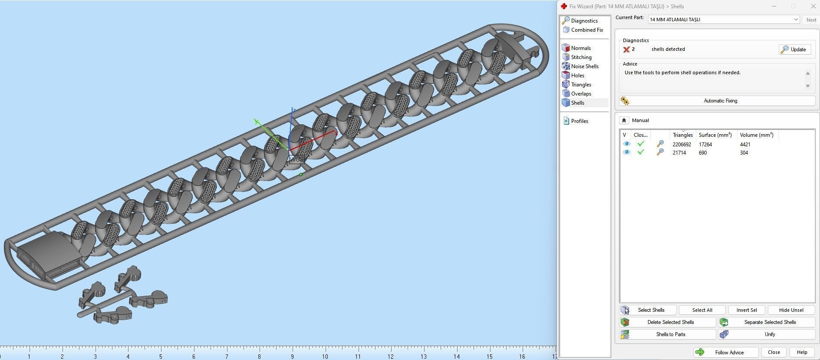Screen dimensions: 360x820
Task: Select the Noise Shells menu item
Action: [584, 66]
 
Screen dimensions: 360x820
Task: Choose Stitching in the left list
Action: [581, 57]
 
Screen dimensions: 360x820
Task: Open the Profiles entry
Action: [579, 121]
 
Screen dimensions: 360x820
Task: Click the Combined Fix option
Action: [586, 30]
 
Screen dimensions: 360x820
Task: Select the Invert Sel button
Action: [746, 310]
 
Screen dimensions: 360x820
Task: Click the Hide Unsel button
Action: [791, 310]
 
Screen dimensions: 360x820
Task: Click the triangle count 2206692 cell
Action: [682, 145]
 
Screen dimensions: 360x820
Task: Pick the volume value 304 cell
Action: [744, 153]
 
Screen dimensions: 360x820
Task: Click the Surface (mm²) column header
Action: [715, 135]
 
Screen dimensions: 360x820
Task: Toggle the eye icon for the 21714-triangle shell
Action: [626, 152]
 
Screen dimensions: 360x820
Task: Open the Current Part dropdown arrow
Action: [796, 20]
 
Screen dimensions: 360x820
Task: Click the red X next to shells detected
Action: [626, 50]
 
